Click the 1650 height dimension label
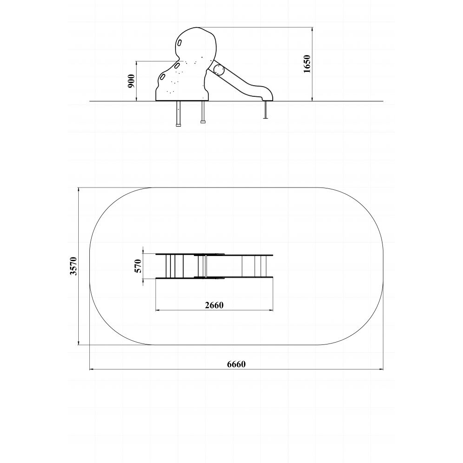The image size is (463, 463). click(307, 64)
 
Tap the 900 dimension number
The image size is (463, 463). click(131, 81)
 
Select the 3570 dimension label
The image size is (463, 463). click(73, 266)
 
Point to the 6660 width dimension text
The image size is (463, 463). click(236, 364)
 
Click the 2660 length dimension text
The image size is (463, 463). click(214, 305)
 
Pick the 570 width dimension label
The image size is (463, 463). click(138, 266)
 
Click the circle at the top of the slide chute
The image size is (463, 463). click(219, 70)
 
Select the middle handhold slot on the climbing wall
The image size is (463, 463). click(178, 66)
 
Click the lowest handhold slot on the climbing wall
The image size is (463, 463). click(163, 77)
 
